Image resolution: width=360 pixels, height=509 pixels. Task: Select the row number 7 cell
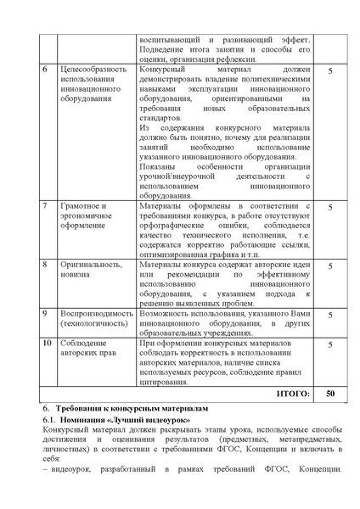(45, 206)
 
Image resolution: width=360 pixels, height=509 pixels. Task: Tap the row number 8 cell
(45, 265)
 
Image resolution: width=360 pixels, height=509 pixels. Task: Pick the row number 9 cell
(45, 313)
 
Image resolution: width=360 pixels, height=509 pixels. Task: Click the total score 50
(329, 394)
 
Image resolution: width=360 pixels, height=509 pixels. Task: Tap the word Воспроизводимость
(97, 313)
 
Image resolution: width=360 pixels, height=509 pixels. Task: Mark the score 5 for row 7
(329, 206)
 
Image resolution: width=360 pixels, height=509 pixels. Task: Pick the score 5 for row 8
(329, 265)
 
